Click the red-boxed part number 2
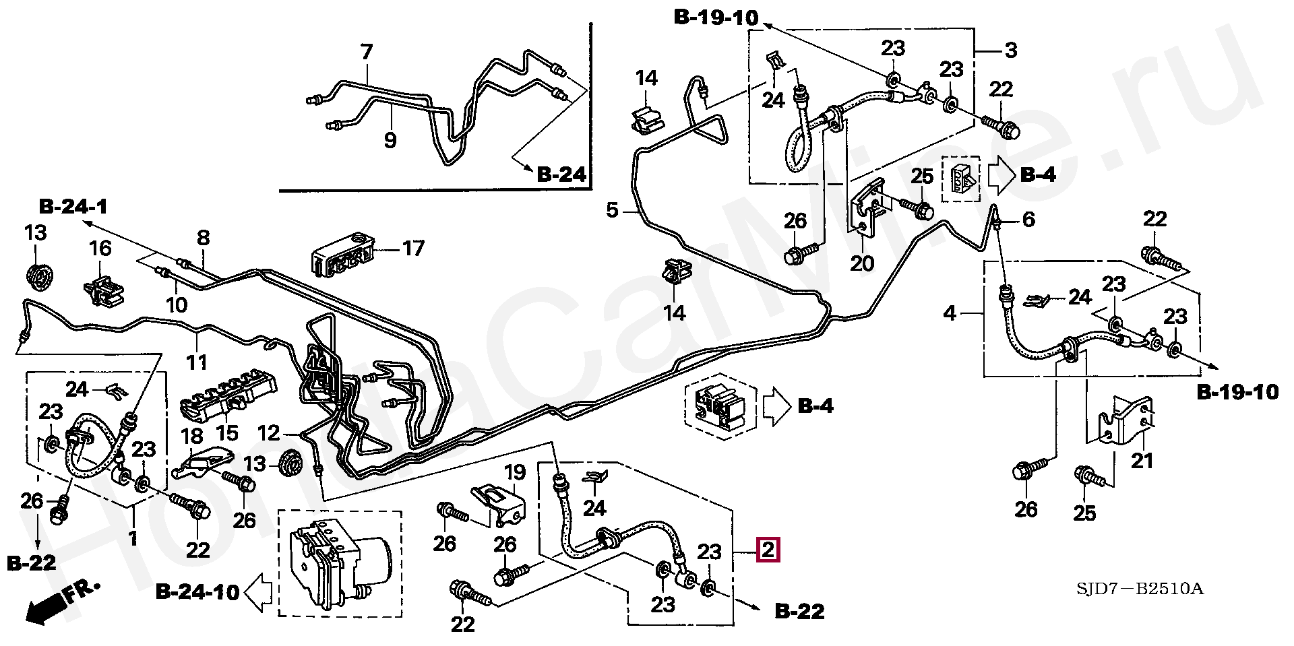click(x=769, y=550)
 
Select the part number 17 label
click(x=414, y=249)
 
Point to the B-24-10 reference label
click(x=197, y=592)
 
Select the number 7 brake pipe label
click(x=366, y=52)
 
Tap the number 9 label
click(x=390, y=140)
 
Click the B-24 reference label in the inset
click(x=561, y=175)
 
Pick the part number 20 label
click(x=861, y=263)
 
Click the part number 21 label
click(x=1142, y=461)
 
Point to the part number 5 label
click(x=612, y=210)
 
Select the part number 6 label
click(x=1028, y=220)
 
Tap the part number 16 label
click(x=100, y=248)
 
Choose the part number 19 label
click(x=515, y=472)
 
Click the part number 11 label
click(x=197, y=362)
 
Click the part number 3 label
click(x=1010, y=50)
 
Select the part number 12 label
click(x=269, y=432)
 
